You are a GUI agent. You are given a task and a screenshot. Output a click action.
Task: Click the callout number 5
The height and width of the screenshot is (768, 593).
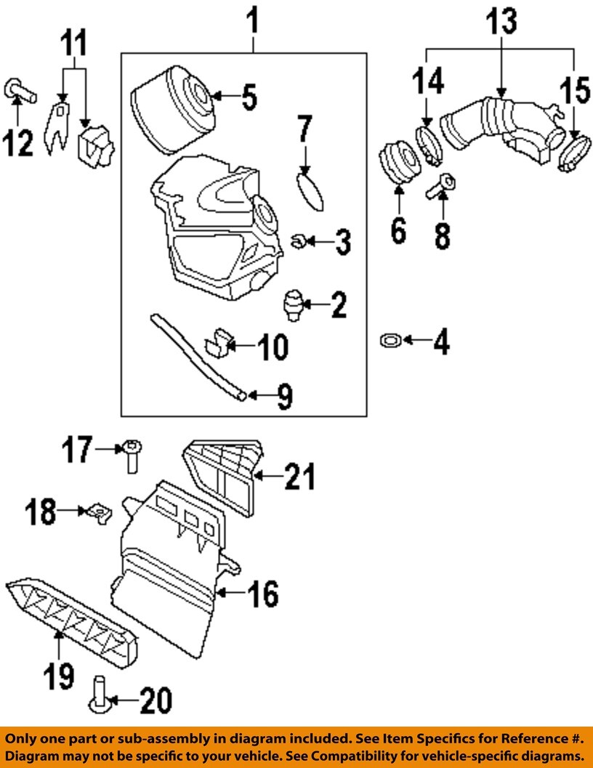click(x=249, y=97)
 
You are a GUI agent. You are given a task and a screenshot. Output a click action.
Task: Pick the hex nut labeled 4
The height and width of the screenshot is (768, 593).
click(x=390, y=339)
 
